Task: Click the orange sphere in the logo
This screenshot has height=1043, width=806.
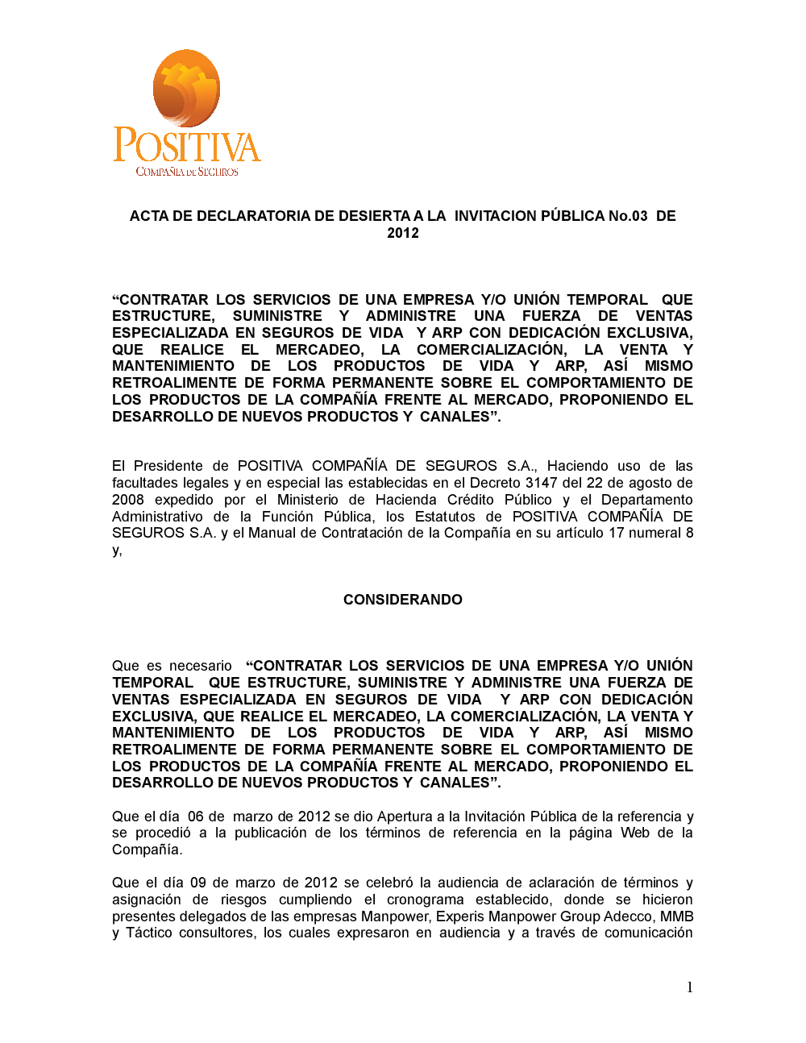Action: click(187, 88)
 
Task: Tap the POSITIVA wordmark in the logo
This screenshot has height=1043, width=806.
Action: click(187, 145)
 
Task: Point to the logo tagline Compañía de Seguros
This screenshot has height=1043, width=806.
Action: click(187, 172)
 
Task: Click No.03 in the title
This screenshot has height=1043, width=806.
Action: click(628, 216)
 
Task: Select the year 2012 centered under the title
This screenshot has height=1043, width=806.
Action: click(403, 233)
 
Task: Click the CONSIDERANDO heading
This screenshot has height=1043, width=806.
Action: click(403, 600)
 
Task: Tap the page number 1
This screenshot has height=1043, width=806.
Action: click(689, 987)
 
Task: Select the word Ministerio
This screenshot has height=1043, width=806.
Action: click(308, 500)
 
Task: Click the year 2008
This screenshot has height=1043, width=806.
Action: click(128, 500)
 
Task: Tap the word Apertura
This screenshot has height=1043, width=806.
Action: click(405, 817)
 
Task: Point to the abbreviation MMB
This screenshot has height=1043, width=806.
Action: click(677, 916)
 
